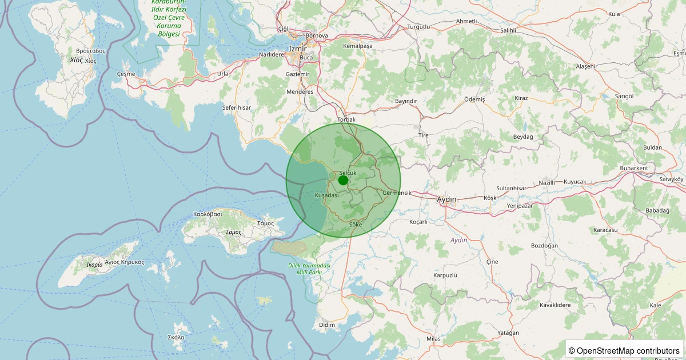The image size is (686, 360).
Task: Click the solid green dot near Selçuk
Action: (x=343, y=180)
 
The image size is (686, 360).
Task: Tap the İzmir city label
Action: (x=298, y=49)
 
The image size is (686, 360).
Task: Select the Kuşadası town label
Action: (x=327, y=195)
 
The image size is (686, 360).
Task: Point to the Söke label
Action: (x=355, y=225)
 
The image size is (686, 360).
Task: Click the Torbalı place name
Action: (x=346, y=120)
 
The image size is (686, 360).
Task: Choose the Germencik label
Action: (x=397, y=193)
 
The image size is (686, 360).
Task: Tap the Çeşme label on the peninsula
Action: (x=126, y=74)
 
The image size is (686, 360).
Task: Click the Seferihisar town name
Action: (x=237, y=107)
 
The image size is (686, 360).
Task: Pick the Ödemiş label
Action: (x=474, y=99)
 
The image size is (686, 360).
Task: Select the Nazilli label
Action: (x=547, y=183)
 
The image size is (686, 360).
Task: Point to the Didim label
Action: (x=327, y=325)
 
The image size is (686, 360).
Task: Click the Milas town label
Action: (x=434, y=339)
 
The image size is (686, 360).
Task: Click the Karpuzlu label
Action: (x=445, y=275)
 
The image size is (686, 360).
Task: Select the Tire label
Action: (x=424, y=135)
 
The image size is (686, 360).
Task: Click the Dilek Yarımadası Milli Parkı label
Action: (x=310, y=269)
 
